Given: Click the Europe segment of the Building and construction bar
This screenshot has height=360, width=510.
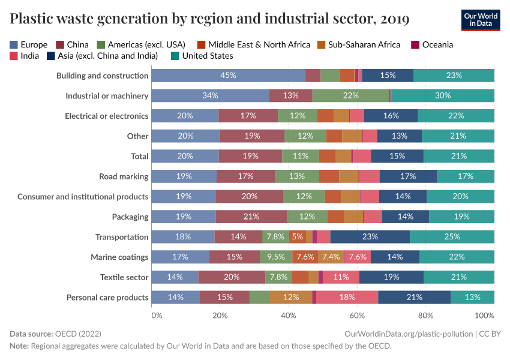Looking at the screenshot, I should tap(228, 76).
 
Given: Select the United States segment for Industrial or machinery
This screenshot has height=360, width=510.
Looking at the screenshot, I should tap(442, 96).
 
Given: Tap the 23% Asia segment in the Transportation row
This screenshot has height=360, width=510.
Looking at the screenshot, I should tap(370, 237).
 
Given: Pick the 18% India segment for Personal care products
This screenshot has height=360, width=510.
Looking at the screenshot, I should tap(347, 298).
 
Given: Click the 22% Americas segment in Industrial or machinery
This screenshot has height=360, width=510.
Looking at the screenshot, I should tap(350, 96).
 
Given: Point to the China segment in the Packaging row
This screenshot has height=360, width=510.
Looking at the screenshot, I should tap(251, 217).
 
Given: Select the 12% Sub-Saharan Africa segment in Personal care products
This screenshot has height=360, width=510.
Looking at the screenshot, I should tap(291, 298).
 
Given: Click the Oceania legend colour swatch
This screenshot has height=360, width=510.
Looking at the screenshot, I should tap(415, 44).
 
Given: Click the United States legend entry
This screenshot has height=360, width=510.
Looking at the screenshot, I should tap(207, 56).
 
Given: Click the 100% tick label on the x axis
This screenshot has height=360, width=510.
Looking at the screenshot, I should tap(484, 315).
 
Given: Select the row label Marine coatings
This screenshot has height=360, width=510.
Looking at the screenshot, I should tap(119, 257).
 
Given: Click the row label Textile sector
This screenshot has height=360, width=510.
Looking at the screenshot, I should tap(124, 277).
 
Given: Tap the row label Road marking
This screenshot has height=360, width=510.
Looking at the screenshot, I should tap(124, 176).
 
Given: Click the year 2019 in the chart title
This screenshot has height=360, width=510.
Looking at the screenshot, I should tap(394, 19).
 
